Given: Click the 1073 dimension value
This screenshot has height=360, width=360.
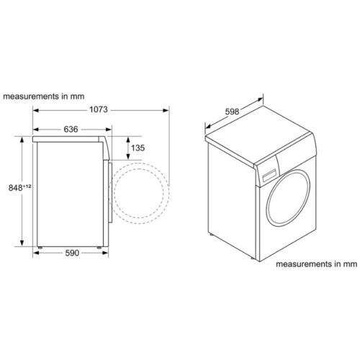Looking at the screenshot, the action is tap(99, 109).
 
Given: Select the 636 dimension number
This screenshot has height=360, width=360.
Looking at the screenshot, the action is tap(71, 130).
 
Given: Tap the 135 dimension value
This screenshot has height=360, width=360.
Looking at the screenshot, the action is tap(138, 148).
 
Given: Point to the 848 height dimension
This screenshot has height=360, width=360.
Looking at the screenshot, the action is tap(16, 188).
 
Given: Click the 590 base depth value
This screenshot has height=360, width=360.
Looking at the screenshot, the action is tap(72, 253).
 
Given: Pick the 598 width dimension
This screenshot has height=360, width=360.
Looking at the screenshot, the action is tap(232, 112).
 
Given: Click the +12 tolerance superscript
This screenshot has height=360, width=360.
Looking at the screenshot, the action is tap(27, 186).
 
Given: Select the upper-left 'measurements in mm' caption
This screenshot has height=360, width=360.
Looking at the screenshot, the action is tap(44, 96).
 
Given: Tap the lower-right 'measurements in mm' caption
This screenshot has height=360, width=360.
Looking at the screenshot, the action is tap(316, 264).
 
